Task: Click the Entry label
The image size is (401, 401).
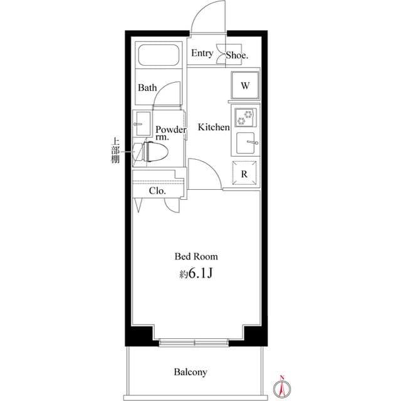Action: click(x=202, y=54)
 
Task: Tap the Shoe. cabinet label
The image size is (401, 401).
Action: click(x=237, y=55)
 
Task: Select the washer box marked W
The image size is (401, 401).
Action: click(x=245, y=86)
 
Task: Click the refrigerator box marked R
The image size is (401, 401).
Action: click(x=244, y=174)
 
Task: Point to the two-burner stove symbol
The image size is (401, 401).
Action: click(x=244, y=118)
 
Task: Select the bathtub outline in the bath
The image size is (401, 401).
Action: click(x=159, y=58)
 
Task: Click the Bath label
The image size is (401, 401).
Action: click(x=147, y=88)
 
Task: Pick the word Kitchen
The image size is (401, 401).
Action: click(x=214, y=127)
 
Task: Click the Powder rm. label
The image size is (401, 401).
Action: click(x=170, y=133)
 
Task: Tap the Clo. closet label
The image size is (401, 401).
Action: click(x=157, y=191)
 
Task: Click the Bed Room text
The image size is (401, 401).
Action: click(x=196, y=256)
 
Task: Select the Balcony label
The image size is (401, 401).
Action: click(x=190, y=372)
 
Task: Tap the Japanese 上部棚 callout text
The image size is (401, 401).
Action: click(x=115, y=151)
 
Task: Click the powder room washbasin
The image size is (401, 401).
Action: click(x=142, y=120)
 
